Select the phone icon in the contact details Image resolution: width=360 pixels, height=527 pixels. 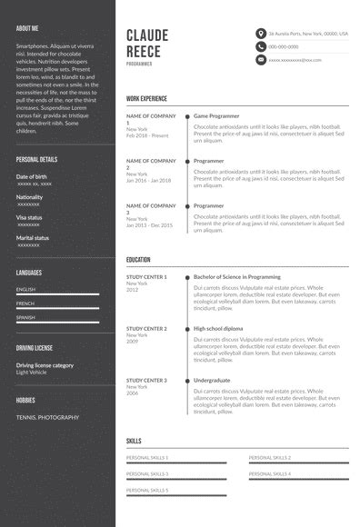click(x=260, y=46)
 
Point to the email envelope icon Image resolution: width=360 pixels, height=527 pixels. click(x=260, y=60)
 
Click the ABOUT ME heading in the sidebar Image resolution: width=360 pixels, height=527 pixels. click(x=27, y=28)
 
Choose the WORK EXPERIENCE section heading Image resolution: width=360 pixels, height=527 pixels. click(x=146, y=97)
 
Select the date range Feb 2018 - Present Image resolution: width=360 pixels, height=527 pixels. click(x=147, y=135)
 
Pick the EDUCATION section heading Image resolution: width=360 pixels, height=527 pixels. click(x=138, y=259)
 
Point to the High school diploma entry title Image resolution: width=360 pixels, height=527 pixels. click(x=218, y=328)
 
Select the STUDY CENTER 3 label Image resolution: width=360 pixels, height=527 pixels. click(x=146, y=380)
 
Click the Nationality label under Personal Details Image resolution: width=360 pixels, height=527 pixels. click(x=30, y=197)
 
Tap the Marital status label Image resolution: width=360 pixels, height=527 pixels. click(x=33, y=237)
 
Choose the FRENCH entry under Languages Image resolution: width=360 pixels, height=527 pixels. click(x=25, y=303)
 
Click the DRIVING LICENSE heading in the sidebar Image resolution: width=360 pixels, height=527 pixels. click(x=35, y=347)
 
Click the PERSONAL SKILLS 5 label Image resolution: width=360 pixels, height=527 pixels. click(x=147, y=490)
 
